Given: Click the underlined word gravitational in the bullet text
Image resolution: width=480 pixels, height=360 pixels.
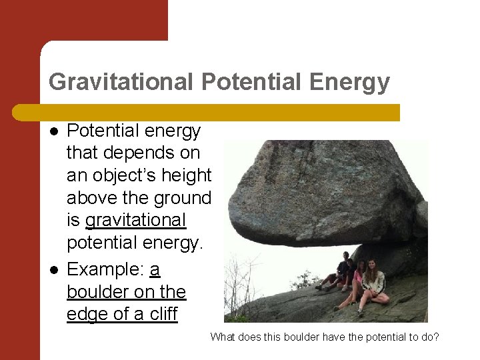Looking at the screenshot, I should [136, 220].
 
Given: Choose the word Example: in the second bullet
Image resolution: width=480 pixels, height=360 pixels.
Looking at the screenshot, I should [105, 269].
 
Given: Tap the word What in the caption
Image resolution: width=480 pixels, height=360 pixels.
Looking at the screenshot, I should [223, 337].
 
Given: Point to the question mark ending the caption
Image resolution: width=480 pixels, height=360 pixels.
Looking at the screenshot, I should [436, 337].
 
